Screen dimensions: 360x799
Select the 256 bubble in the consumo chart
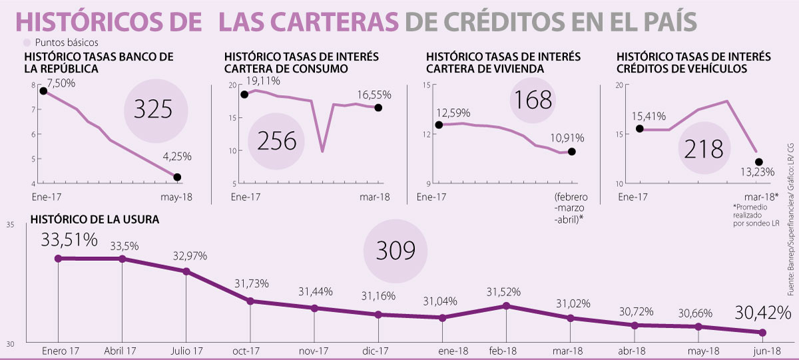coord(276,141)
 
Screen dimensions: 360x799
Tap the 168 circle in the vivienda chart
coord(532,100)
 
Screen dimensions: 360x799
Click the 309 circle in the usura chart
coord(396,250)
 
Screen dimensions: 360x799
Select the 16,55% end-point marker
coord(378,108)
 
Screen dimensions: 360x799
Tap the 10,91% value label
coord(568,138)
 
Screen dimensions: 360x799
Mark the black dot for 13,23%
coord(759,162)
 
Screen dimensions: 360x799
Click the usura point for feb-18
coord(507,306)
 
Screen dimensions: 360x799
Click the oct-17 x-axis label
coord(250,351)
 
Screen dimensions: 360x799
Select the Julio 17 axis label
coord(186,351)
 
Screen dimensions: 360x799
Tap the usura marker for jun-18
coord(763,333)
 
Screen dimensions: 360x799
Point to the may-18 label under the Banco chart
coord(176,197)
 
